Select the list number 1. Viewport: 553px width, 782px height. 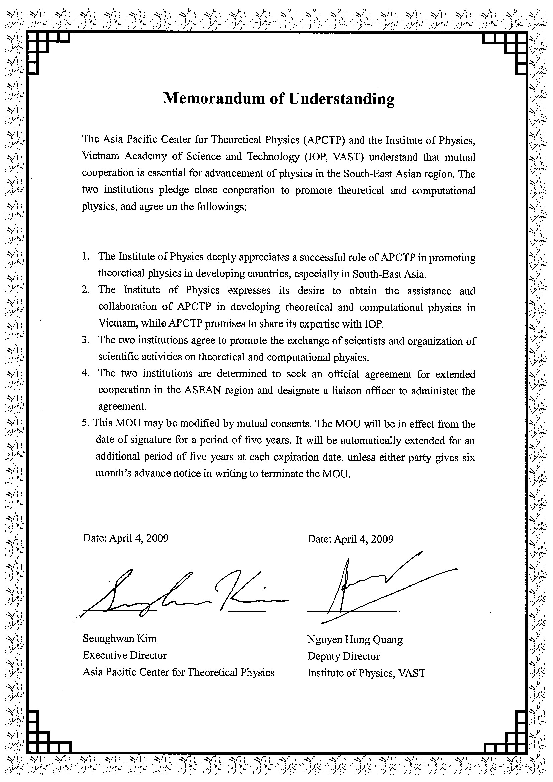(x=85, y=256)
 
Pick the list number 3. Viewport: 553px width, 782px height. (x=85, y=340)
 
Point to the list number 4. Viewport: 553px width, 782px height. (x=85, y=373)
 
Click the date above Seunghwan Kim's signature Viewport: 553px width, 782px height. (x=125, y=538)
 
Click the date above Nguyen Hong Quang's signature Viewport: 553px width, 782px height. (x=350, y=538)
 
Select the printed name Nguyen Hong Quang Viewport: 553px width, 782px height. (x=355, y=639)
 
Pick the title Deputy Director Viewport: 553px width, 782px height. (x=343, y=656)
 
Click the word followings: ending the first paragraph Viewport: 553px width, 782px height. (x=221, y=207)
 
